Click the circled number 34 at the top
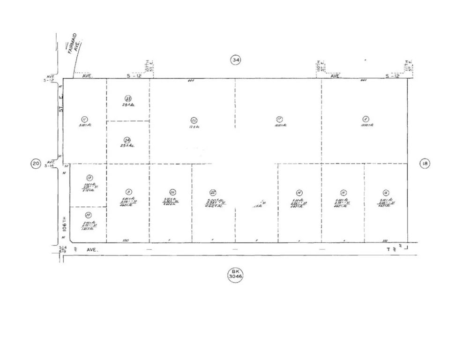click(x=235, y=60)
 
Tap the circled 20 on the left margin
click(x=36, y=164)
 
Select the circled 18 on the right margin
click(x=425, y=164)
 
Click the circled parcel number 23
click(x=128, y=98)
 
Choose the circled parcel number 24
click(x=127, y=140)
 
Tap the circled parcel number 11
click(x=85, y=119)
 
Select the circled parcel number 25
click(x=194, y=119)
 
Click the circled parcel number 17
click(x=279, y=119)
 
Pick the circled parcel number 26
click(x=172, y=192)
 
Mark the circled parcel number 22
click(x=213, y=192)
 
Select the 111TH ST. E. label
click(x=409, y=67)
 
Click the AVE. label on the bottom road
click(x=92, y=250)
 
